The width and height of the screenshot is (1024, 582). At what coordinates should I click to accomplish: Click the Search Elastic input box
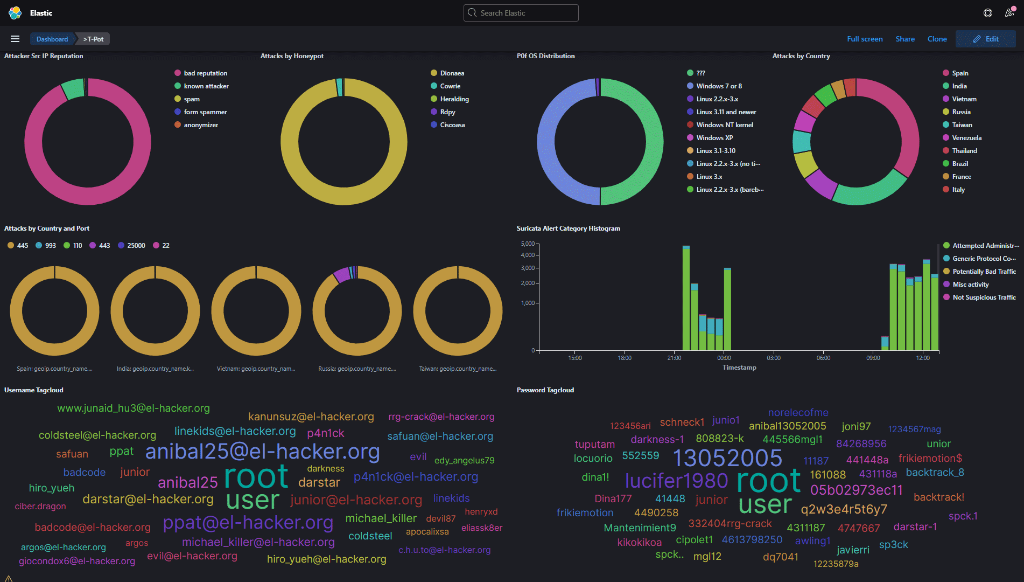pos(521,13)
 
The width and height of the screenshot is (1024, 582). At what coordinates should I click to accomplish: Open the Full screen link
pos(865,39)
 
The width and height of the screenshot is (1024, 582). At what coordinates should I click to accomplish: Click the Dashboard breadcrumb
pos(52,39)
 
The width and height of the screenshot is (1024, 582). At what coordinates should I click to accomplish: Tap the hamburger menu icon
pos(15,39)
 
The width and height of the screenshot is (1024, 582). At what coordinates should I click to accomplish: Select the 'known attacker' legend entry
pos(206,86)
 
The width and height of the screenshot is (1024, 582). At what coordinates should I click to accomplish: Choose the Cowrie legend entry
pos(450,86)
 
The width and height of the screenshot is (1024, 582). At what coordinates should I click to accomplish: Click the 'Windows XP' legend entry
pos(714,138)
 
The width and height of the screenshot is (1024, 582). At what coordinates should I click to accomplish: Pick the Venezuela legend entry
pos(966,138)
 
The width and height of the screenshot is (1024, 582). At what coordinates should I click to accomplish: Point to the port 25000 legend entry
pos(136,246)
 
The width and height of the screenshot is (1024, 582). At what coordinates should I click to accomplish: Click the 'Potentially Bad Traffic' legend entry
pos(984,272)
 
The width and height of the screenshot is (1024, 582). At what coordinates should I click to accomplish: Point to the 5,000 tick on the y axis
pos(528,244)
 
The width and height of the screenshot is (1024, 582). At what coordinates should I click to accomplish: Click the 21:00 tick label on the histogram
pos(674,358)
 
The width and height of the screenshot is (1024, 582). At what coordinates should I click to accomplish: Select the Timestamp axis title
pos(739,368)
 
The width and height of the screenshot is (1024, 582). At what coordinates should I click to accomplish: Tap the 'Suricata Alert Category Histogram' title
pos(568,228)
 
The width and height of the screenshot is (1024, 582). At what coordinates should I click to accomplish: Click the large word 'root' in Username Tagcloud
pos(256,476)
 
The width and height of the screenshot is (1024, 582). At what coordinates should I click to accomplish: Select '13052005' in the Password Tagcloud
pos(727,458)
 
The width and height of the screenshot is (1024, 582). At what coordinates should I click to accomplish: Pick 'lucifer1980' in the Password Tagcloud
pos(676,481)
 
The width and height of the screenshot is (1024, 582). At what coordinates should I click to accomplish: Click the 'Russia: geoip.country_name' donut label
pos(357,369)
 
